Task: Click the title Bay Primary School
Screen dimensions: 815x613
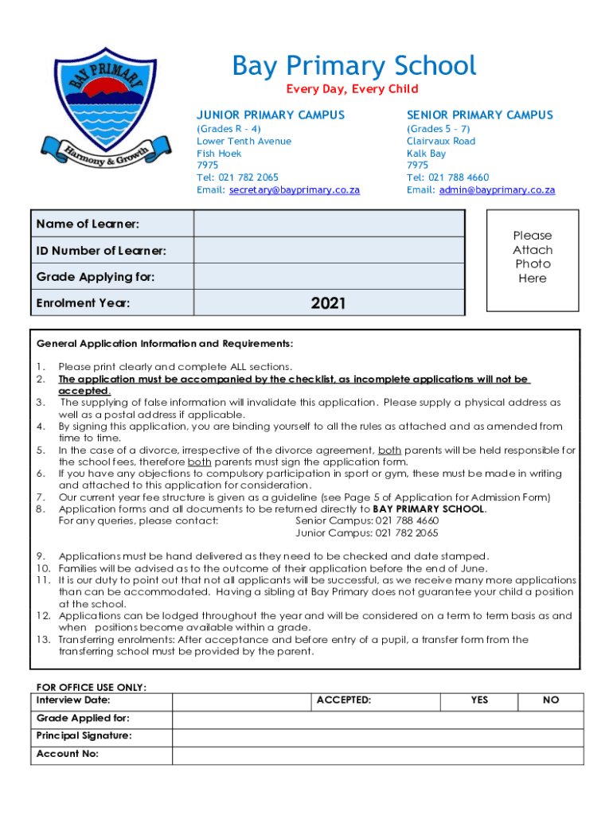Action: click(353, 66)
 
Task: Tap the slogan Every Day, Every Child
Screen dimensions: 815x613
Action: click(352, 89)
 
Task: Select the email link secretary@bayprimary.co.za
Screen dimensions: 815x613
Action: click(294, 190)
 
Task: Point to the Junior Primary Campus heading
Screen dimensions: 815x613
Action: click(271, 115)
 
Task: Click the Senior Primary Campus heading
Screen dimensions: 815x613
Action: click(479, 115)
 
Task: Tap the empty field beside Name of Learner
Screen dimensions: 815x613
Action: click(329, 224)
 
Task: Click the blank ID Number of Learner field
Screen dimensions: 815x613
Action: click(329, 250)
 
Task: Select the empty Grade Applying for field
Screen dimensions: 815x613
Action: click(329, 276)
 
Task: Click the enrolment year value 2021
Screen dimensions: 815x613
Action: click(328, 302)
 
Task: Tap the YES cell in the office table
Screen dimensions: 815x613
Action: click(479, 700)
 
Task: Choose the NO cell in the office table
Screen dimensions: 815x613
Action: click(551, 700)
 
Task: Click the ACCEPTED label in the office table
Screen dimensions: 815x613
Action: click(343, 700)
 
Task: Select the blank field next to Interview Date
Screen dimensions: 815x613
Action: click(240, 700)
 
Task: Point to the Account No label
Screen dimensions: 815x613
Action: click(68, 754)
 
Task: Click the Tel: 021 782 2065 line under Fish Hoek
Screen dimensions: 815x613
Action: click(237, 177)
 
